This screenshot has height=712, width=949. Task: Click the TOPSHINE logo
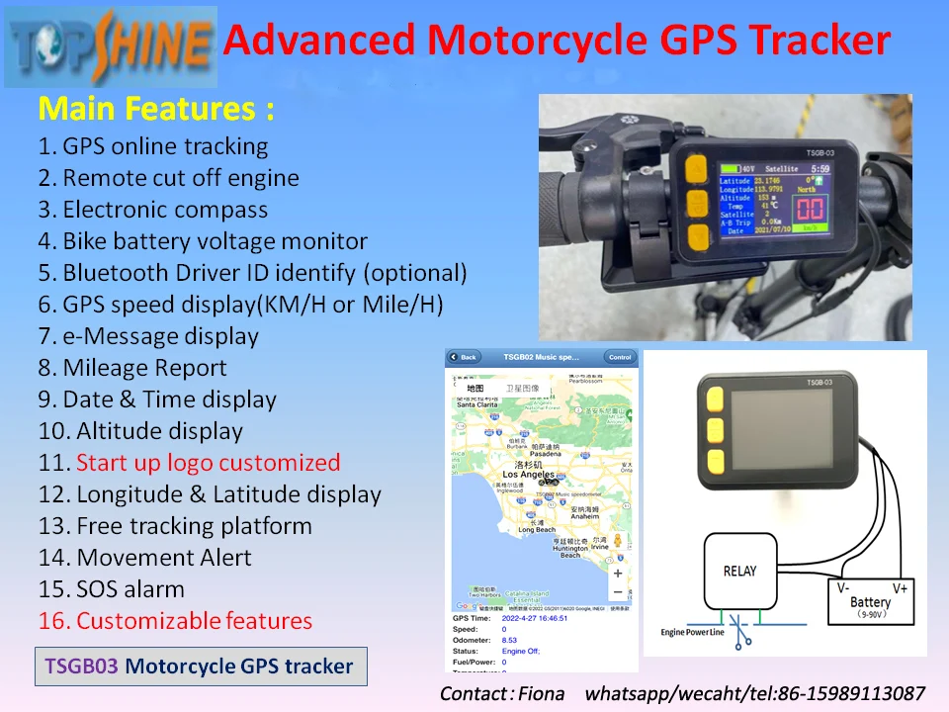coord(110,45)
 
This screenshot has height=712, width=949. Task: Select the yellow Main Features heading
coord(156,108)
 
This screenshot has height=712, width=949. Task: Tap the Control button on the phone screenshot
coord(620,357)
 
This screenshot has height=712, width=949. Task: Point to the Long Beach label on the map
coord(537,530)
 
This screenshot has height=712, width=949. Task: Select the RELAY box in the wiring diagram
coord(739,571)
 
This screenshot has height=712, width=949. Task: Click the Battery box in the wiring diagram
coord(870,599)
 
